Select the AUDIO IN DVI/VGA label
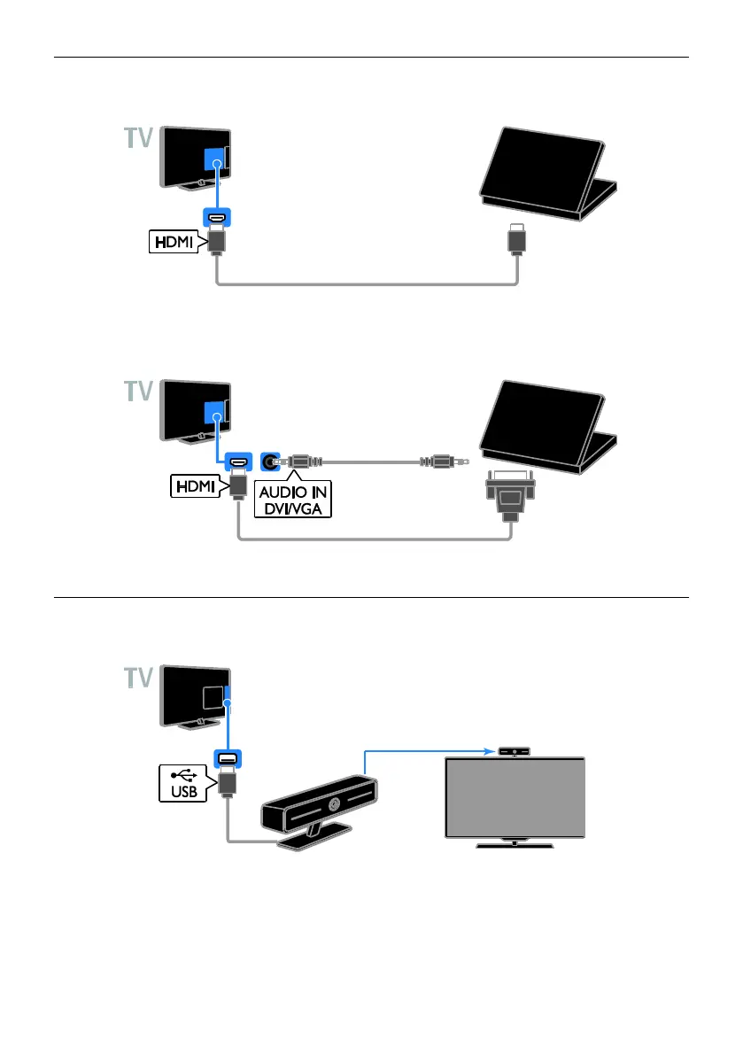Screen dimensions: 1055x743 coord(292,498)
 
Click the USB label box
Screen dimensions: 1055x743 coord(183,783)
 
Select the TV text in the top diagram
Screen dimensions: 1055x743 coord(137,141)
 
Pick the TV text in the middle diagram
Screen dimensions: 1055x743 coord(137,391)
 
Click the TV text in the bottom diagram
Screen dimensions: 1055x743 coord(137,681)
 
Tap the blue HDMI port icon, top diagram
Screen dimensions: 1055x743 coord(216,220)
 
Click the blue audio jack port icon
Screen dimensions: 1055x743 coord(269,461)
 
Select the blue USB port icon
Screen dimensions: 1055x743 coord(227,758)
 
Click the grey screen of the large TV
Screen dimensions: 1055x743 coord(515,797)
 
